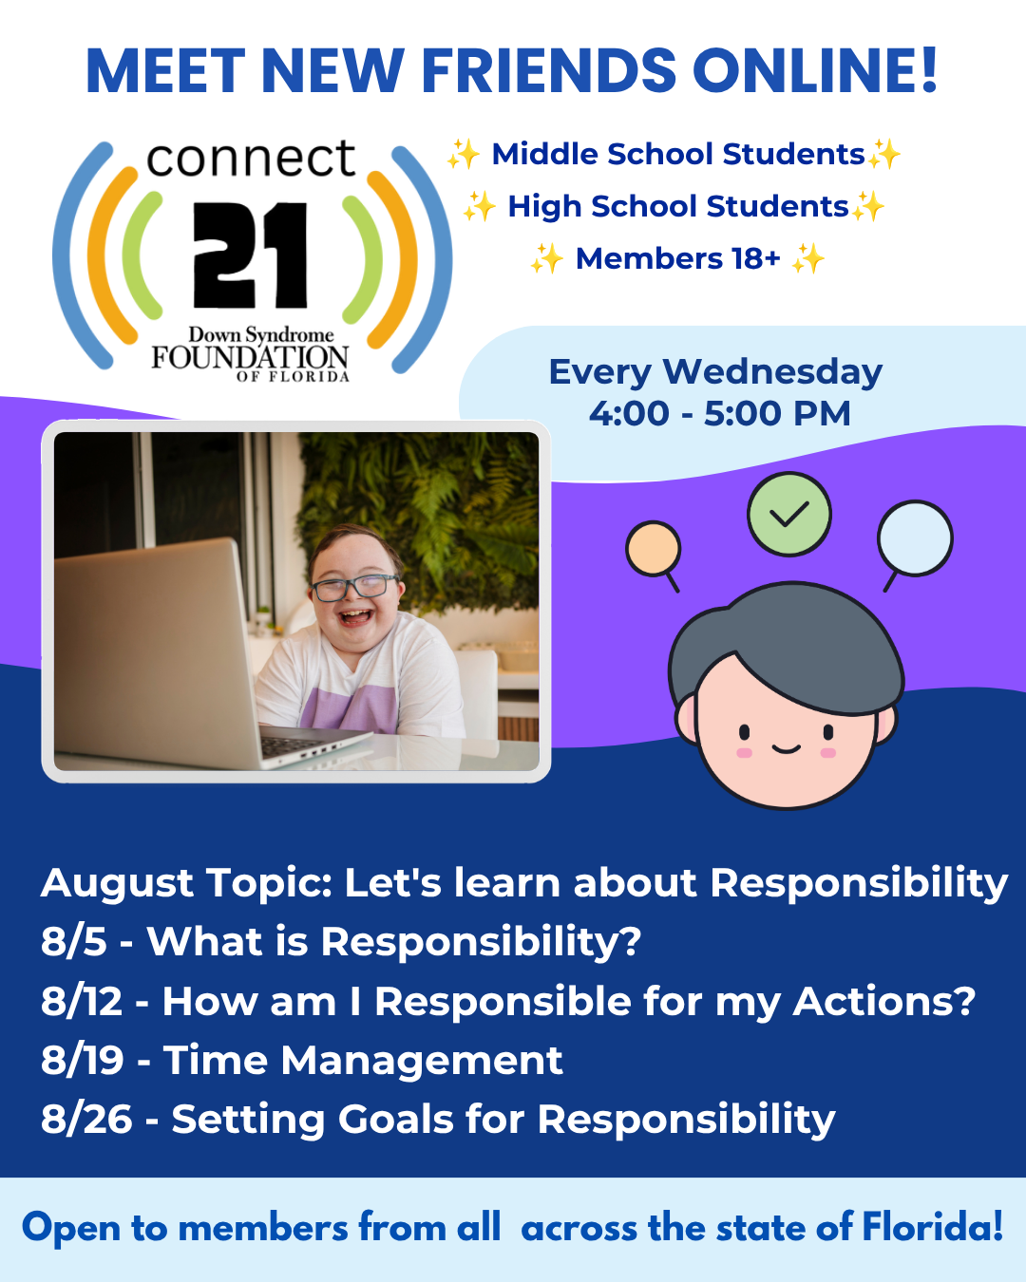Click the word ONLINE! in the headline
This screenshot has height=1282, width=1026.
(815, 70)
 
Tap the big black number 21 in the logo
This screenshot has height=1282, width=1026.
(251, 255)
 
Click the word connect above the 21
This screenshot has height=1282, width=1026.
(251, 159)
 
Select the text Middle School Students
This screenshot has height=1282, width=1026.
(678, 154)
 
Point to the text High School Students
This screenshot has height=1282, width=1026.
(678, 207)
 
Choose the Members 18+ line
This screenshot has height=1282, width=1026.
(678, 258)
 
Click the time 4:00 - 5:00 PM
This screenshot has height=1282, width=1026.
(720, 413)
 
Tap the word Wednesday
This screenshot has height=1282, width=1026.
(772, 373)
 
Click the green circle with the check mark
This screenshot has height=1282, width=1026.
(788, 514)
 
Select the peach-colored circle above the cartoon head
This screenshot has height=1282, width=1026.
(653, 549)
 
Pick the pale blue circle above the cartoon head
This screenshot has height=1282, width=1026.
(915, 538)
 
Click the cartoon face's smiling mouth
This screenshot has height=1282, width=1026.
(786, 749)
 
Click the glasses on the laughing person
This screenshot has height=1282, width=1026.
(355, 587)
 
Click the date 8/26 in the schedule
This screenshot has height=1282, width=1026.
(86, 1120)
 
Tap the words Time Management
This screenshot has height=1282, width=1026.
(363, 1062)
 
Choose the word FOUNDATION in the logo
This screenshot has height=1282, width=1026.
(250, 357)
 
